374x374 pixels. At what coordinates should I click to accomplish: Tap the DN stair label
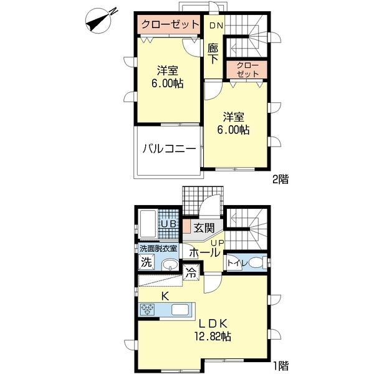point(216,26)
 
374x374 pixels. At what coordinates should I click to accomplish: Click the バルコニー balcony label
point(170,150)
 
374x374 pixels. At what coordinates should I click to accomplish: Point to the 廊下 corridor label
point(213,54)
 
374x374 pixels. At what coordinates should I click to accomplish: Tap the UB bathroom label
point(169,224)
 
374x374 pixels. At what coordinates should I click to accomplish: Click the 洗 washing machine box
point(146,262)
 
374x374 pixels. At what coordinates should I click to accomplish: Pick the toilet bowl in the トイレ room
point(255,263)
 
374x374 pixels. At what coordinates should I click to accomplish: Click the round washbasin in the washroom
point(170,265)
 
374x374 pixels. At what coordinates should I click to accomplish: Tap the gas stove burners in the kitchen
point(146,310)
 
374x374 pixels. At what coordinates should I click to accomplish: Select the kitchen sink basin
point(181,310)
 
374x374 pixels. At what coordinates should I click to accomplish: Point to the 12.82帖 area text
point(213,337)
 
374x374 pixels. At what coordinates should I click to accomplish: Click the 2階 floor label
point(280,180)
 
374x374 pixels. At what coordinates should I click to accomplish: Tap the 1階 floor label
point(280,365)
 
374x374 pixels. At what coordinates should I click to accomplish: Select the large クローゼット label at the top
point(170,24)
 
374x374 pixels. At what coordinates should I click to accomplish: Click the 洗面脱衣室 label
point(158,249)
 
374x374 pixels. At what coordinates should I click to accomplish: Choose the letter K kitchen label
point(165,297)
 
